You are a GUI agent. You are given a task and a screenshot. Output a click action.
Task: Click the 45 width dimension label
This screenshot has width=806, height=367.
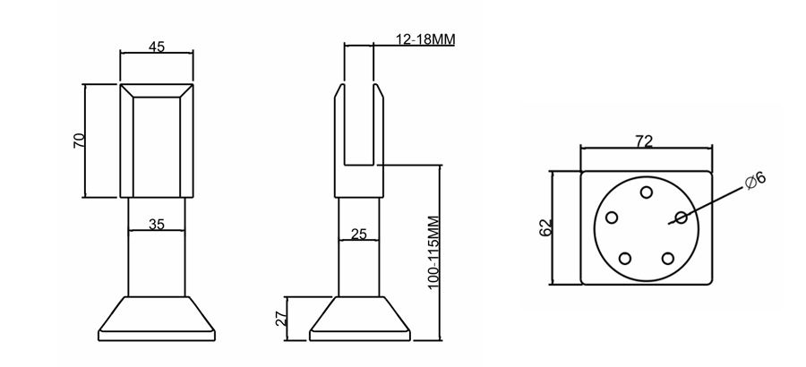point(156,47)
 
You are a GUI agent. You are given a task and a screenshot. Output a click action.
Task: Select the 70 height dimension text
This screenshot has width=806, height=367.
point(78,140)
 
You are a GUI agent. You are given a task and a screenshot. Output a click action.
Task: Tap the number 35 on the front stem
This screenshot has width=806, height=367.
point(156,225)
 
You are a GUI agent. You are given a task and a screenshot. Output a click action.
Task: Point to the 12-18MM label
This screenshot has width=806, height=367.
point(425,40)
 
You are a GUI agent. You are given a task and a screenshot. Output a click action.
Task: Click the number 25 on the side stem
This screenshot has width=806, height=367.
point(358,235)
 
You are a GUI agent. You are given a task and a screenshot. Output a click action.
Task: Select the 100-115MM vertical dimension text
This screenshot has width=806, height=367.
point(433,252)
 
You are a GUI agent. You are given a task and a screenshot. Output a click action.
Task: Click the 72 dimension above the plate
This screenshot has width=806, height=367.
point(644,141)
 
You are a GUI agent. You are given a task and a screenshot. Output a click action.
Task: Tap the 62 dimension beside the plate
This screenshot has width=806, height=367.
point(544,226)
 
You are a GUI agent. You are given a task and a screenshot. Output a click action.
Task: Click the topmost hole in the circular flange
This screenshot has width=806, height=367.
point(646,192)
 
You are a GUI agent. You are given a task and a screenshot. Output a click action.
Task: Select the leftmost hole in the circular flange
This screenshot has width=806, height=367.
point(613,218)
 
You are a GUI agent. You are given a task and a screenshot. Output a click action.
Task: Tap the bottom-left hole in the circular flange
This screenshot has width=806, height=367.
point(625,259)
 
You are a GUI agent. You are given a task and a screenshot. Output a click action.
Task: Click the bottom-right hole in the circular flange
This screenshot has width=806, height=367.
point(667,259)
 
